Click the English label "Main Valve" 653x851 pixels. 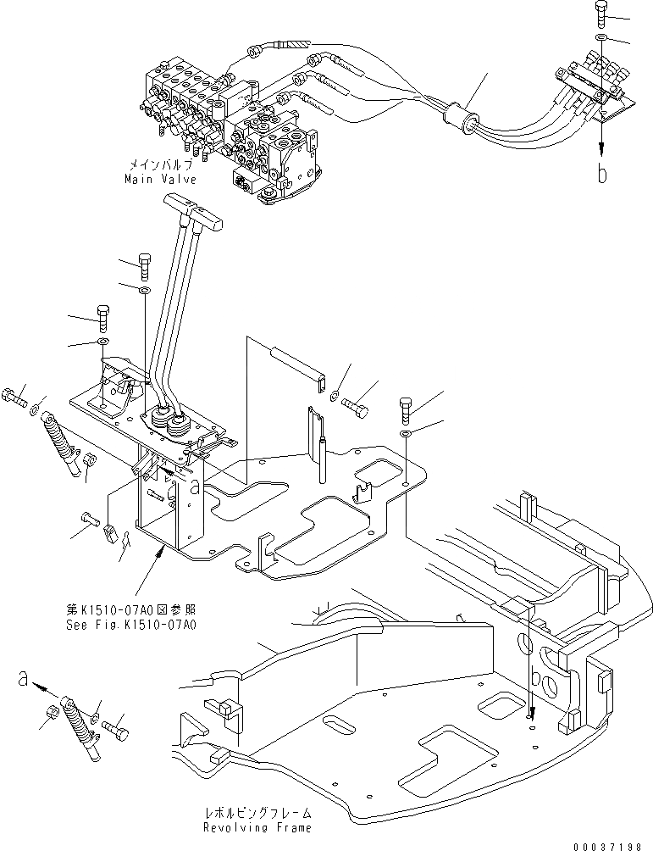tap(160, 180)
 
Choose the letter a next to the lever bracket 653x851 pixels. tap(195, 487)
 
